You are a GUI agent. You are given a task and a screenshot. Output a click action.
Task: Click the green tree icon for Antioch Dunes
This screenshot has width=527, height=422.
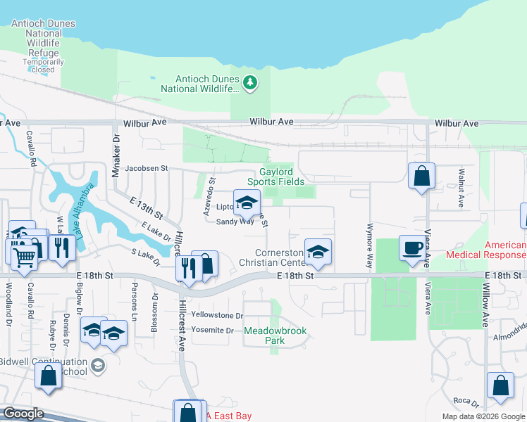(249, 84)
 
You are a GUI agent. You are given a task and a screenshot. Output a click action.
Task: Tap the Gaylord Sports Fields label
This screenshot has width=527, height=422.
(286, 177)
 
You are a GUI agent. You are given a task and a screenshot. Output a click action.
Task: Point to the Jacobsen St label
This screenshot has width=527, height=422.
(147, 169)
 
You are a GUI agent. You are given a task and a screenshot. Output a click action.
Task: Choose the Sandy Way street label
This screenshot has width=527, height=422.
(235, 221)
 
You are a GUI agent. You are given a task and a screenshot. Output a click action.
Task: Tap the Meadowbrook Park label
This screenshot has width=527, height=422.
(264, 335)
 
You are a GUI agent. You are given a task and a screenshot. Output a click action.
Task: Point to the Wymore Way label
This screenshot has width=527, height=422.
(368, 246)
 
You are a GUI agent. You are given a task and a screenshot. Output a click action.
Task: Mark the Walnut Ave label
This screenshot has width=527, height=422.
(460, 188)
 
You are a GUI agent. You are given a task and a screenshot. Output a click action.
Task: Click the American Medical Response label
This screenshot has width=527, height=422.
(504, 250)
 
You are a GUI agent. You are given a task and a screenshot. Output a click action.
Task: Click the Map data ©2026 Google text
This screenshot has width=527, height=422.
(483, 416)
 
